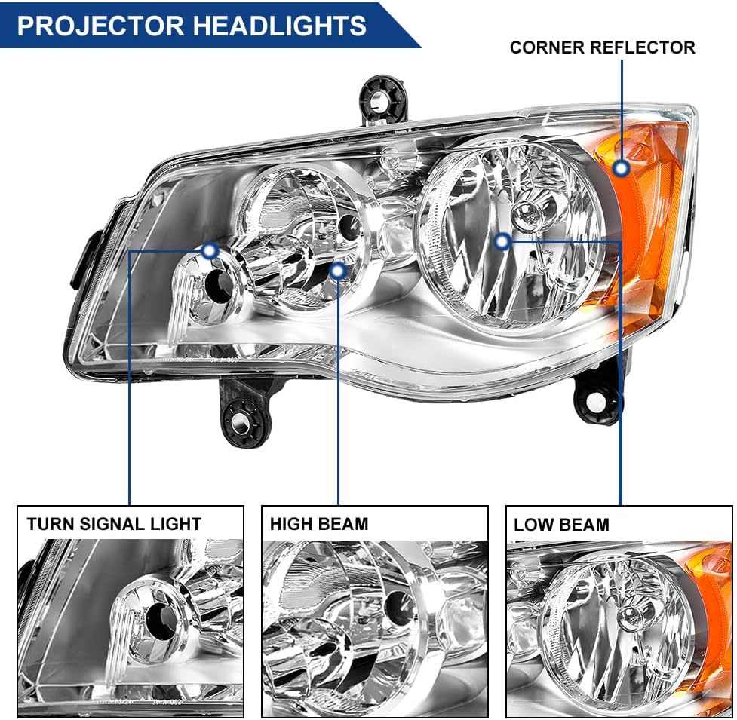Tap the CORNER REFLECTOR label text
tap(602, 47)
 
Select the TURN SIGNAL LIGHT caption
tap(114, 523)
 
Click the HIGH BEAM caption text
tap(319, 523)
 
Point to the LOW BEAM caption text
tap(561, 524)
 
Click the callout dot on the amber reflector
tap(622, 167)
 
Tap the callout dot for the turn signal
tap(210, 250)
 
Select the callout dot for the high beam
tap(339, 270)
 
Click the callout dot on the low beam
tap(503, 241)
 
